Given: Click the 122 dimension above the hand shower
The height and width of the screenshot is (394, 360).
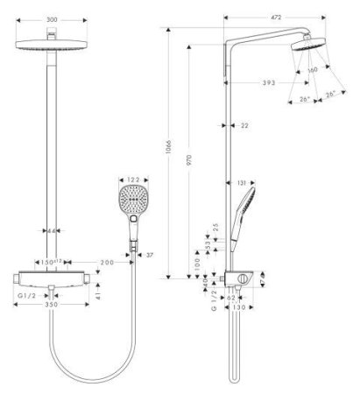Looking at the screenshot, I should [132, 179].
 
